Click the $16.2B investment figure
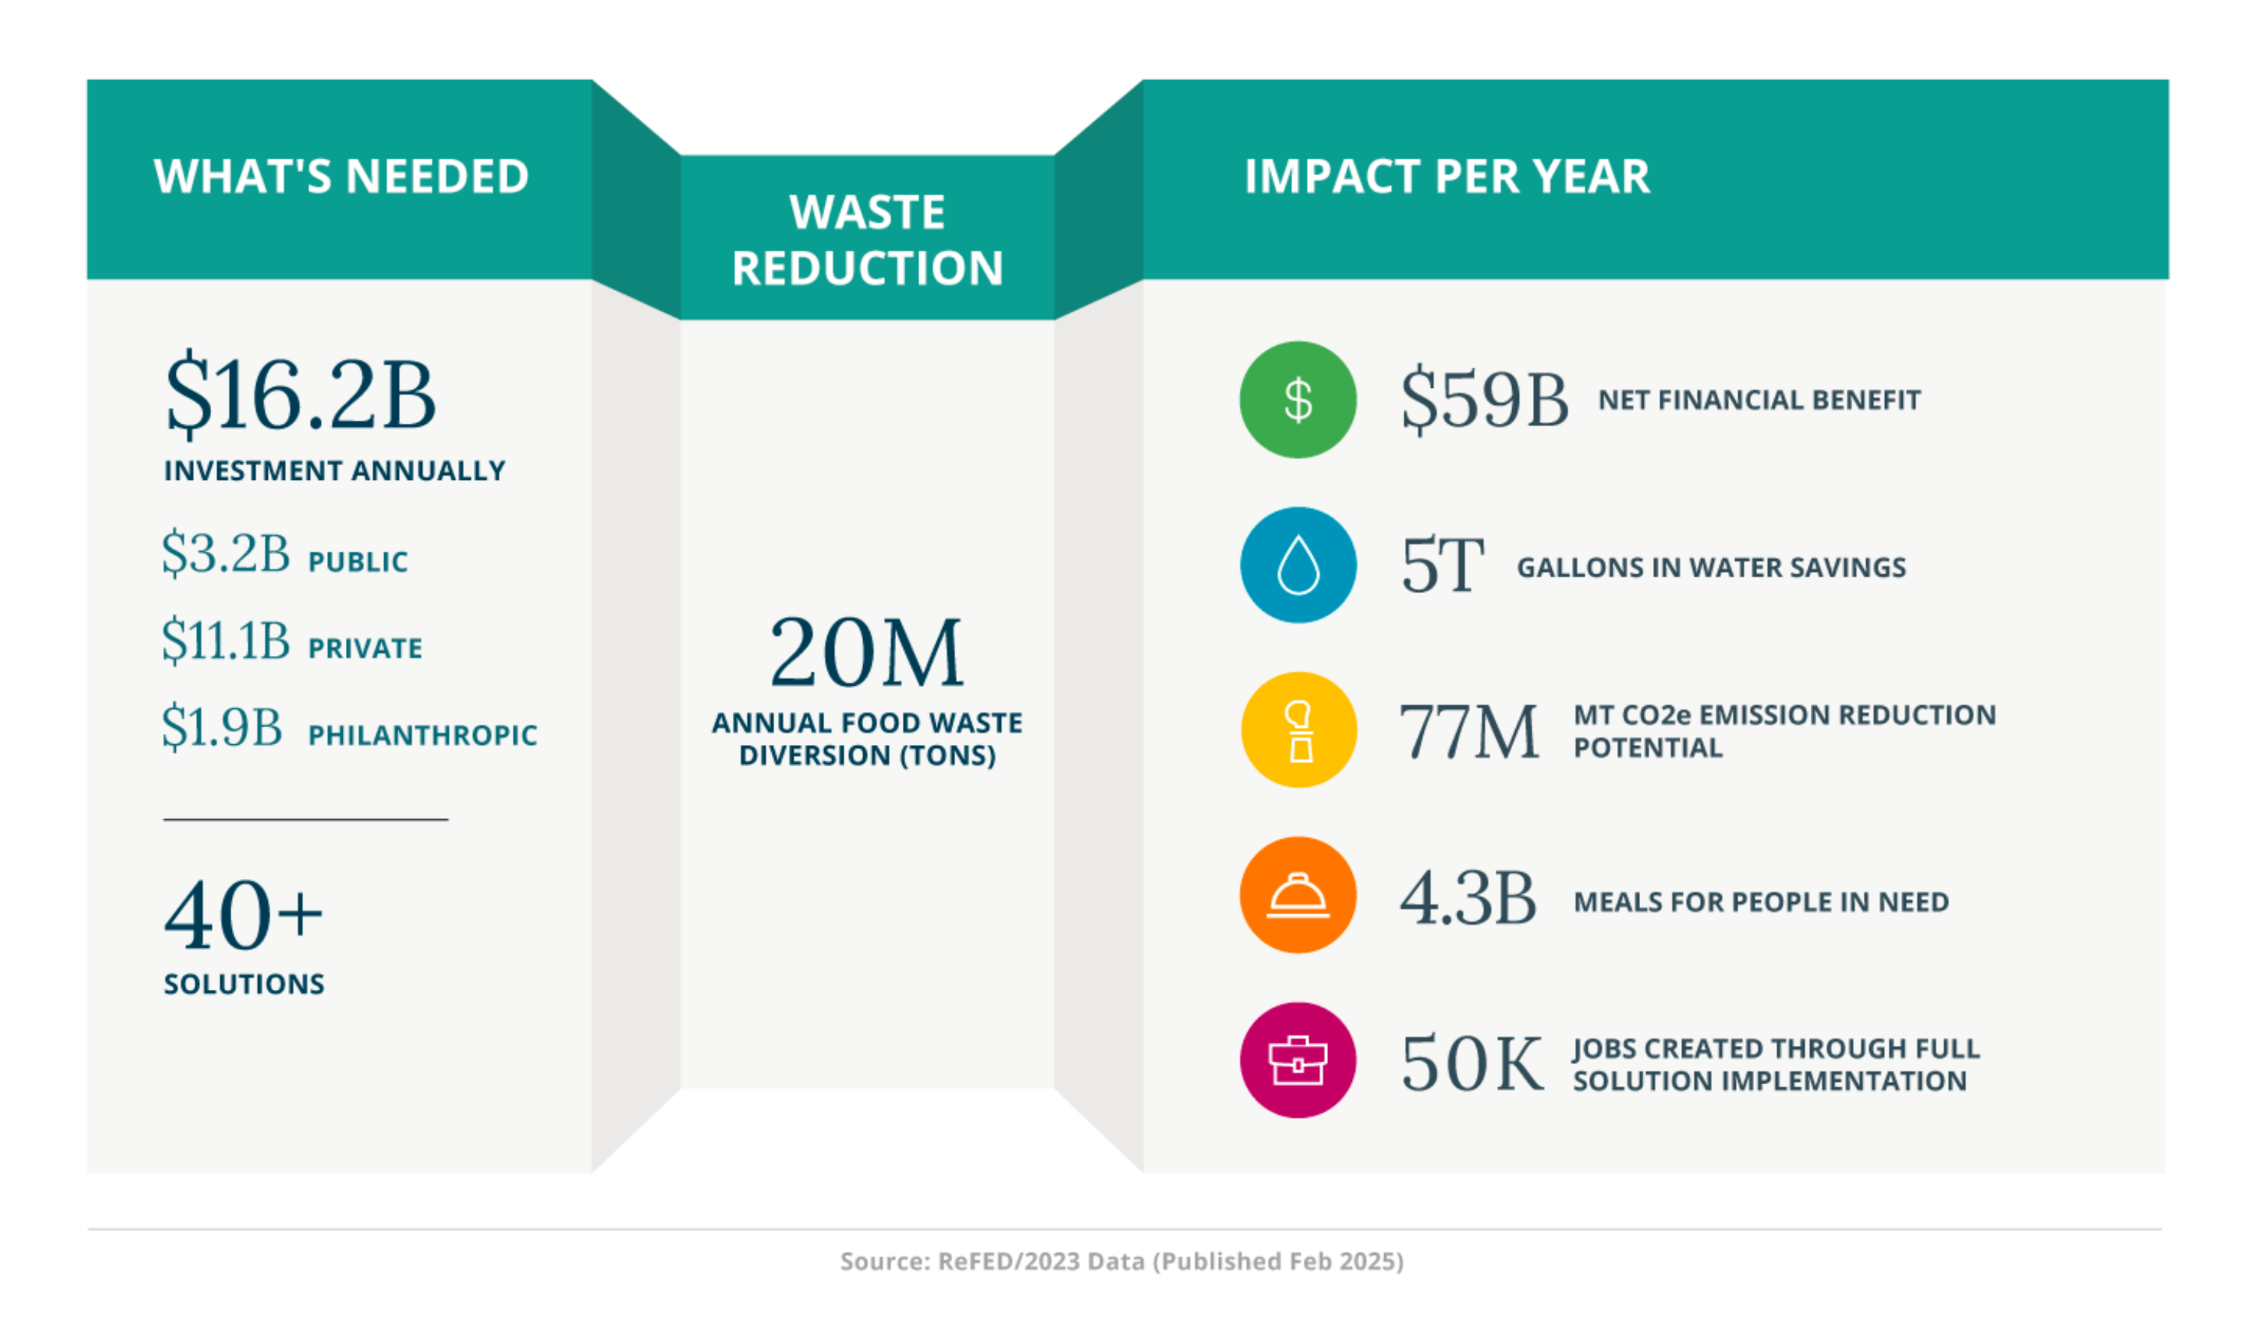[x=300, y=395]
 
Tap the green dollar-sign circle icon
[x=1297, y=399]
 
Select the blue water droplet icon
[x=1297, y=565]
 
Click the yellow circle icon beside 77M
[x=1297, y=730]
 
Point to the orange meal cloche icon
[x=1297, y=895]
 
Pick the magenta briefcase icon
[x=1297, y=1060]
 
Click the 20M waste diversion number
[x=866, y=653]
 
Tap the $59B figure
[x=1484, y=399]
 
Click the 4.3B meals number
[x=1467, y=899]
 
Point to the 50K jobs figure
[x=1471, y=1064]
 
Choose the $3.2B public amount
[x=225, y=553]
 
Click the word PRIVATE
[x=365, y=648]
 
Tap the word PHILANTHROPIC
[x=422, y=735]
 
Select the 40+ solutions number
[x=243, y=916]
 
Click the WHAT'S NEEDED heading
[x=341, y=176]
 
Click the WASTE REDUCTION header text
[x=866, y=240]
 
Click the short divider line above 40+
[x=305, y=820]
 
